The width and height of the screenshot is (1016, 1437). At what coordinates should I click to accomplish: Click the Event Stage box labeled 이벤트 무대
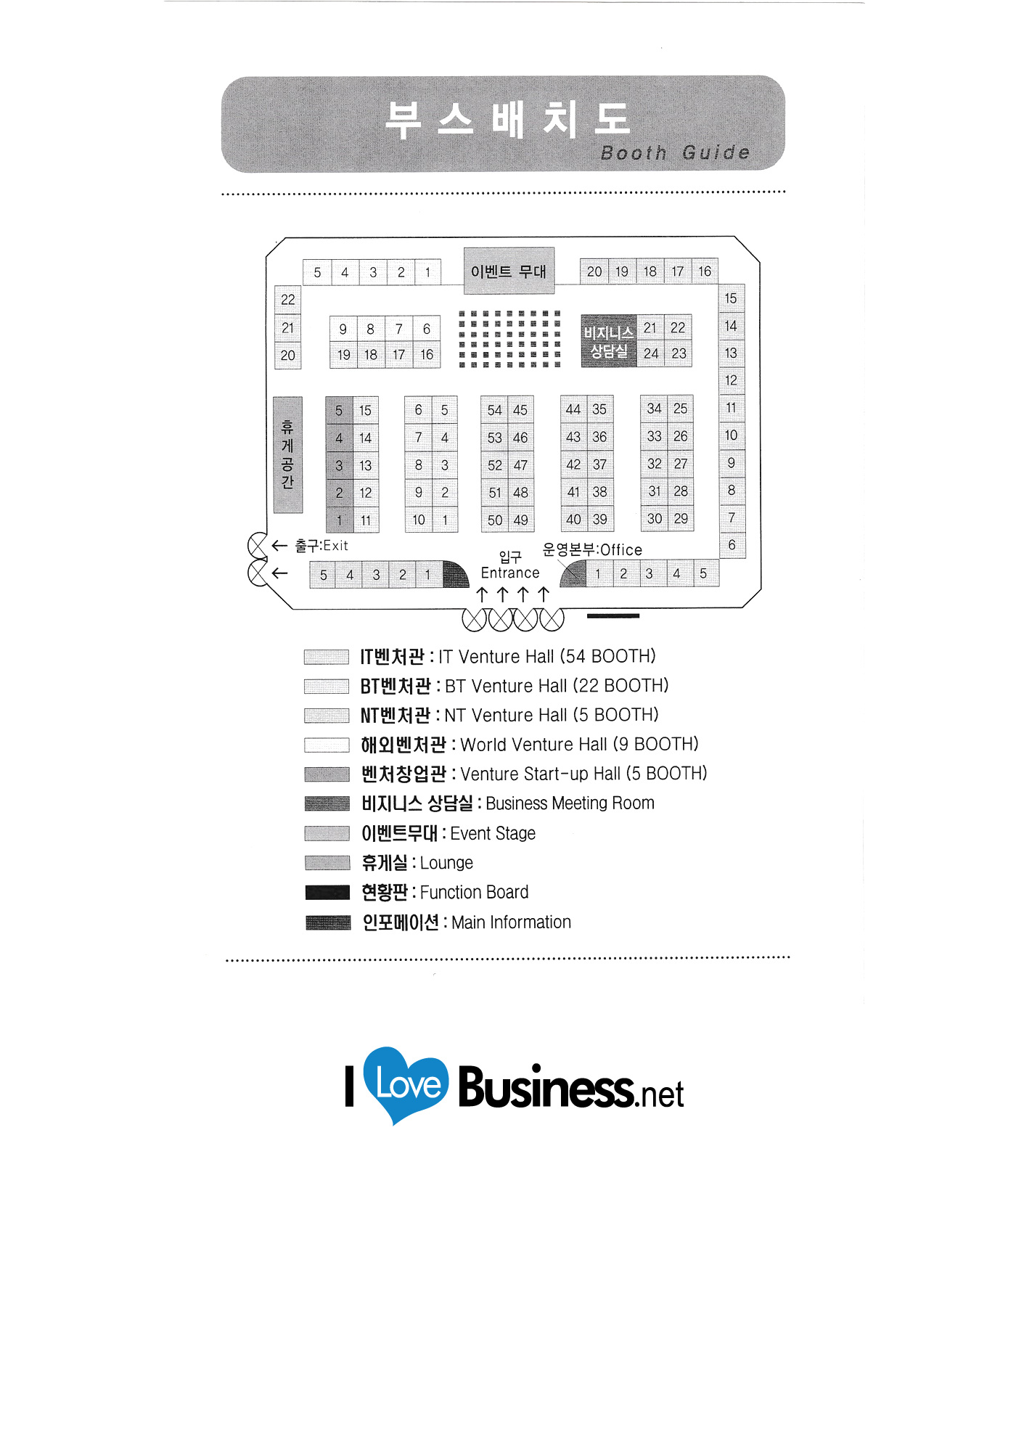[509, 271]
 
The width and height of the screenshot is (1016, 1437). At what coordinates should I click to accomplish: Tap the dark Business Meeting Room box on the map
[608, 341]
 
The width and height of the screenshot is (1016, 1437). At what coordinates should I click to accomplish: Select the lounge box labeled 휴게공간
[287, 454]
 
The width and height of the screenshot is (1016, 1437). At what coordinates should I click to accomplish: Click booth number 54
[494, 410]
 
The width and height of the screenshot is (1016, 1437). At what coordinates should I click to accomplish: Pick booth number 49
[520, 520]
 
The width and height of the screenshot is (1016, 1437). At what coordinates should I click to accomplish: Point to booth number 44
[573, 409]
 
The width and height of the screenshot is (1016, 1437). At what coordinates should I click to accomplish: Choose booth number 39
[599, 519]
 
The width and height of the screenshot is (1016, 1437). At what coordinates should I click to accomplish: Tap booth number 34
[654, 409]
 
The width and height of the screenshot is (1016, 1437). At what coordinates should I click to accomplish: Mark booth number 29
[680, 518]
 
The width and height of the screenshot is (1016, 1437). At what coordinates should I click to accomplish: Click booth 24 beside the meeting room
[651, 353]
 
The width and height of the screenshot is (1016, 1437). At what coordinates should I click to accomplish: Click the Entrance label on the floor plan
[510, 573]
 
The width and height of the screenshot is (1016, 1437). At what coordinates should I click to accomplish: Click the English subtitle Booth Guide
[675, 152]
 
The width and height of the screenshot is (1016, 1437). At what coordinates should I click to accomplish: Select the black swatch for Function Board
[327, 892]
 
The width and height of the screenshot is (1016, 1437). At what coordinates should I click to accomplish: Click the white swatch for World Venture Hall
[327, 745]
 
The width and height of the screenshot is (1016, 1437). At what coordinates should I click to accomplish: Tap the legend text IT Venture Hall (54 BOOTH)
[546, 657]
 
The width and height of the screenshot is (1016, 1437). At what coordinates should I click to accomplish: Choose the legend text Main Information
[511, 922]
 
